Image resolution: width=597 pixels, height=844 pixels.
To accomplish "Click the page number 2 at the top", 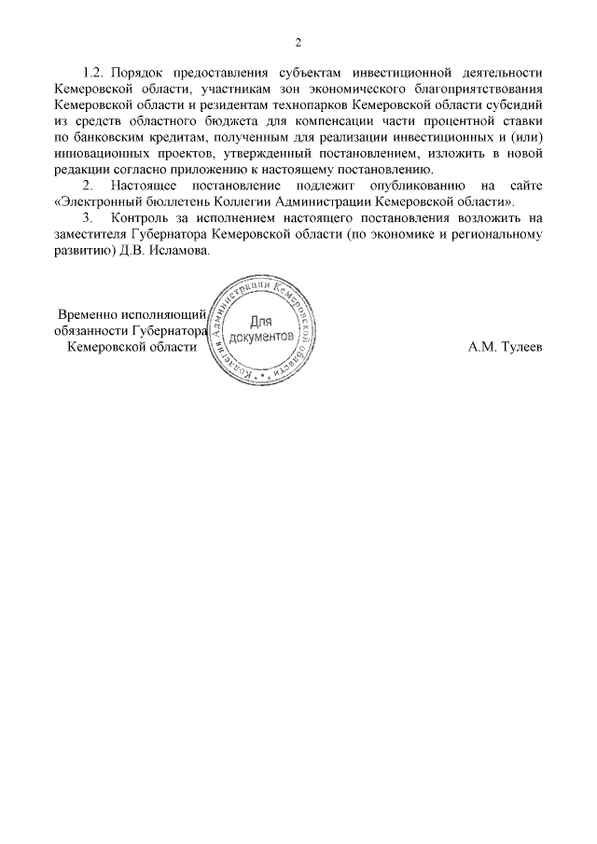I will (x=298, y=42).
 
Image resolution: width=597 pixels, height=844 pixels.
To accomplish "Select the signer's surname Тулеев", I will (x=515, y=347).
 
